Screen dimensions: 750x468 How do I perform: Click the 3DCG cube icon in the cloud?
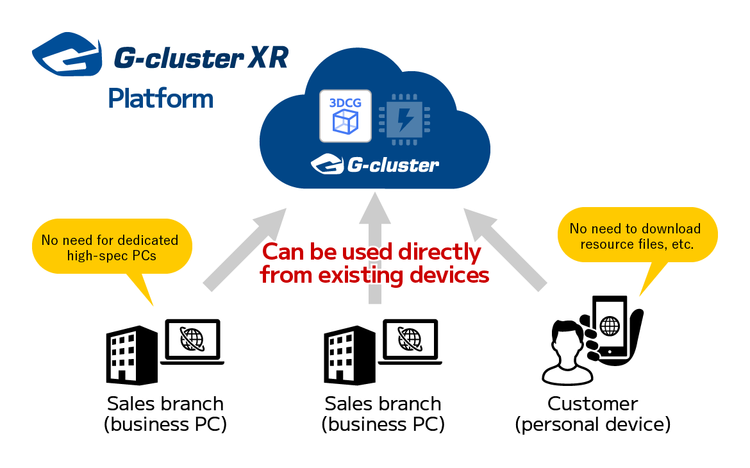pos(346,116)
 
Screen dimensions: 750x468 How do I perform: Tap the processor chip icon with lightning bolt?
pos(404,119)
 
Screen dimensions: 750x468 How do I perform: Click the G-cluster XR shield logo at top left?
pos(67,54)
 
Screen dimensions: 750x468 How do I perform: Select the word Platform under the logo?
pos(161,99)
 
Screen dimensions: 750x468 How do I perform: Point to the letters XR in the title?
pos(269,58)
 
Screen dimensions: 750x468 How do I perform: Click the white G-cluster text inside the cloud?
pos(393,165)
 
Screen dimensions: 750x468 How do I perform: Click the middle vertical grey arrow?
pos(375,248)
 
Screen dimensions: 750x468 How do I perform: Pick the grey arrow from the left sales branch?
pos(245,249)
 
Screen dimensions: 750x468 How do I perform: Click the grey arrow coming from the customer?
pos(505,249)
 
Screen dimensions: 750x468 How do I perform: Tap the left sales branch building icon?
pos(131,356)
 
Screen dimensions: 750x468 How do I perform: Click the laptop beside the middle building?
pos(410,342)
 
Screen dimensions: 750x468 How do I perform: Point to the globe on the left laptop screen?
pos(192,338)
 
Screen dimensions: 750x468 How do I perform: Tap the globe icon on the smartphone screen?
pos(610,326)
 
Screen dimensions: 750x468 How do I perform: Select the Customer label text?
pos(593,403)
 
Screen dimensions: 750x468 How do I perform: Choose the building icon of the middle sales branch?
pos(349,356)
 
